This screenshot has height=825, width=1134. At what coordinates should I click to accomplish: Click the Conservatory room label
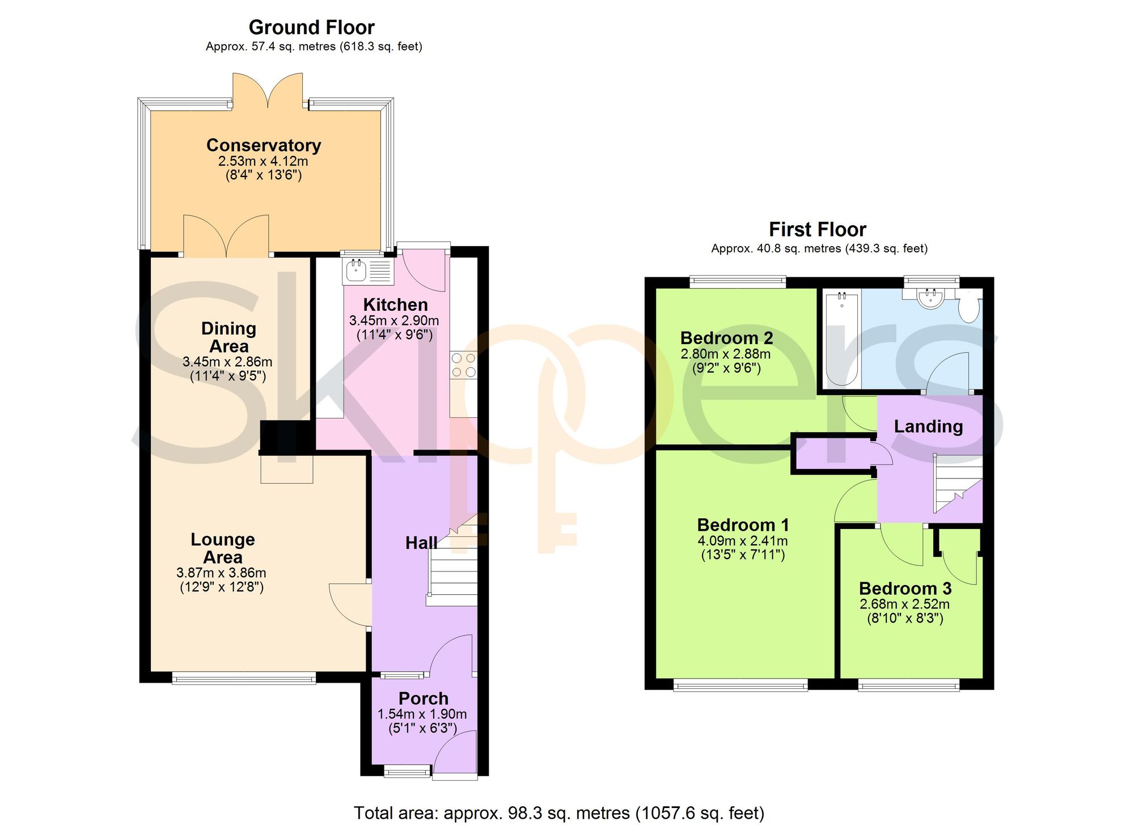(264, 146)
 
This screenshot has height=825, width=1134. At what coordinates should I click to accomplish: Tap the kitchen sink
(367, 270)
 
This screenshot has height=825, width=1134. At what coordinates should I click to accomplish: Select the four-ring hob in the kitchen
(463, 365)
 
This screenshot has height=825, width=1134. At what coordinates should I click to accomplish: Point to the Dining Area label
(229, 337)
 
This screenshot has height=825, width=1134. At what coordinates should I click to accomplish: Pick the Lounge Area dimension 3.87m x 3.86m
(221, 573)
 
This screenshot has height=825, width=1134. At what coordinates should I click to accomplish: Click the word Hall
(421, 543)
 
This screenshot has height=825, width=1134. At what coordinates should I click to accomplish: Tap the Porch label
(424, 699)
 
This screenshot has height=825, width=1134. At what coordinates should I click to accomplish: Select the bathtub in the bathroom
(842, 339)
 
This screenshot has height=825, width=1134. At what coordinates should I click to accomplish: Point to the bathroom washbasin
(930, 298)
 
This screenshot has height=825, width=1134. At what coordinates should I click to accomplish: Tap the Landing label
(928, 426)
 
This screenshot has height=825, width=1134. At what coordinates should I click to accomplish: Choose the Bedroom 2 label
(726, 338)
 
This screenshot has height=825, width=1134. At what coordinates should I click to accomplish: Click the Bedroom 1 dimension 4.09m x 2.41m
(743, 541)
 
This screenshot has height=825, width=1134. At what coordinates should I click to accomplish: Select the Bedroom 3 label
(905, 589)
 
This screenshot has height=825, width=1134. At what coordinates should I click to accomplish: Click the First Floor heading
(818, 230)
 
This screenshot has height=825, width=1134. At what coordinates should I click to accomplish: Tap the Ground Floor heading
(312, 27)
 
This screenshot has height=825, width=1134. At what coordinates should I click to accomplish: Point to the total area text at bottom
(559, 813)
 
